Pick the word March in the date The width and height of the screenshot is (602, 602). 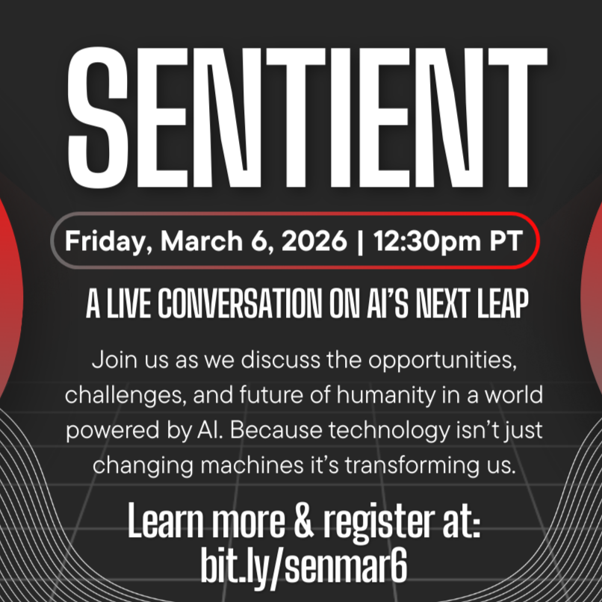[x=195, y=242]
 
